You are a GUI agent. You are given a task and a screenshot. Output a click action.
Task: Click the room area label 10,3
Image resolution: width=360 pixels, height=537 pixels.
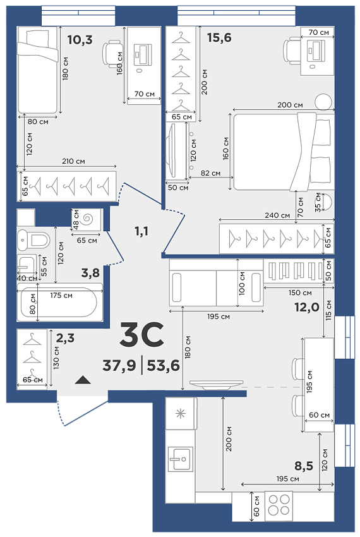pyautogui.click(x=80, y=40)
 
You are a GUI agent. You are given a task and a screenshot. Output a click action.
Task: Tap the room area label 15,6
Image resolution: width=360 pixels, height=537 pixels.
pyautogui.click(x=219, y=37)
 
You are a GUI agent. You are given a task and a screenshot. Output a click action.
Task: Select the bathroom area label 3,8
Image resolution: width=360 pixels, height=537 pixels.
pyautogui.click(x=90, y=273)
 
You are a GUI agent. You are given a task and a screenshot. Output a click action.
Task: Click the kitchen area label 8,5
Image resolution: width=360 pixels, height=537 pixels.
pyautogui.click(x=304, y=466)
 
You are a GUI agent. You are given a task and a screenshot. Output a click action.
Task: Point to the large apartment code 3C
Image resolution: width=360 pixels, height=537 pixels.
pyautogui.click(x=141, y=334)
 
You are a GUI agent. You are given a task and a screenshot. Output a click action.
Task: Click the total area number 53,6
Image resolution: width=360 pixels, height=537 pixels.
pyautogui.click(x=164, y=365)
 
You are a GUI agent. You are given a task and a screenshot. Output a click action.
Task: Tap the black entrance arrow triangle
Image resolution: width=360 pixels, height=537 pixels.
pyautogui.click(x=83, y=380)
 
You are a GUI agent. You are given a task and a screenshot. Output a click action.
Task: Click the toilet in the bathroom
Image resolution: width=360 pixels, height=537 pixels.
pyautogui.click(x=34, y=239)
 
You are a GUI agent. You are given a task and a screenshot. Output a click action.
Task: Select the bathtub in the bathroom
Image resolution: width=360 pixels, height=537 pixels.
pyautogui.click(x=59, y=302)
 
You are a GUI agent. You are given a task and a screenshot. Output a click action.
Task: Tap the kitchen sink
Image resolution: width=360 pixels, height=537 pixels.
pyautogui.click(x=181, y=459)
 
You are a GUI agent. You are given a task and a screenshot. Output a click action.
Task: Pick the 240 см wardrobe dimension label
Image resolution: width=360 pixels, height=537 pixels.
pyautogui.click(x=277, y=215)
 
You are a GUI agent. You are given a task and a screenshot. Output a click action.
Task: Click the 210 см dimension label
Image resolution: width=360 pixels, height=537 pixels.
pyautogui.click(x=73, y=161)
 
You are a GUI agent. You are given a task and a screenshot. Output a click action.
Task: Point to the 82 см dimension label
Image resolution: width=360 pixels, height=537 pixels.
pyautogui.click(x=210, y=173)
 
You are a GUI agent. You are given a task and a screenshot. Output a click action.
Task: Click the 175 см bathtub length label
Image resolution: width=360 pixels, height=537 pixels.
pyautogui.click(x=61, y=295)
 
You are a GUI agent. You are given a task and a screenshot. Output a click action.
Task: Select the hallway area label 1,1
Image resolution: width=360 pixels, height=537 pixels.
pyautogui.click(x=141, y=231)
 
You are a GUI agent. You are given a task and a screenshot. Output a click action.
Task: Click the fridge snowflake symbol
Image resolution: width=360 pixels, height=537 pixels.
pyautogui.click(x=180, y=414)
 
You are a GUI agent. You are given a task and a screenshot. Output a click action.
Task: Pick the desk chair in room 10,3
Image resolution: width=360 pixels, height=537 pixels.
pyautogui.click(x=112, y=53)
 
